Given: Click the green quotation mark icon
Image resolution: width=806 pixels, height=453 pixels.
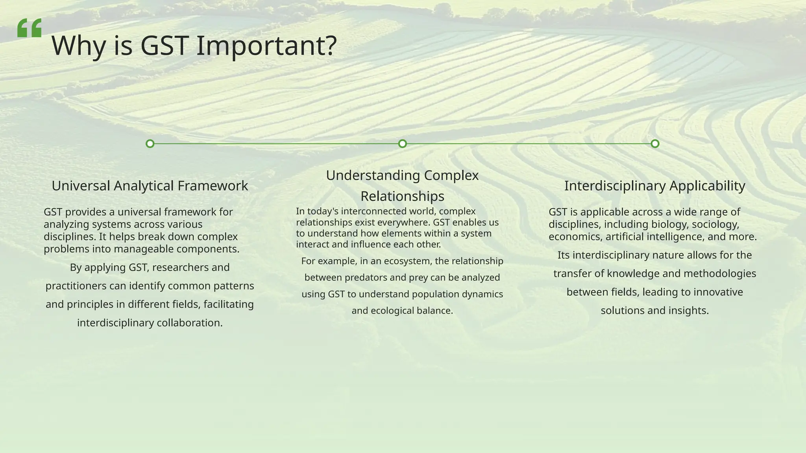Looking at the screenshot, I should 30,28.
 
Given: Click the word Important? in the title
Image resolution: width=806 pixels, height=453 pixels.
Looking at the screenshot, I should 266,46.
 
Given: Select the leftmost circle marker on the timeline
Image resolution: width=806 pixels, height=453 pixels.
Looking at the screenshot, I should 150,144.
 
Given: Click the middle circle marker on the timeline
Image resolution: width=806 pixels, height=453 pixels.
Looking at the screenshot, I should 402,144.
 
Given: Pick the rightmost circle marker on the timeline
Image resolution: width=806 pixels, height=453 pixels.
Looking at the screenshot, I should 655,144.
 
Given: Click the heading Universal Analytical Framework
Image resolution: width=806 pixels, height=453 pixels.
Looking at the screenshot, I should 150,186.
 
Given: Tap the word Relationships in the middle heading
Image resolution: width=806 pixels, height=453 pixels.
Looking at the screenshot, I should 402,196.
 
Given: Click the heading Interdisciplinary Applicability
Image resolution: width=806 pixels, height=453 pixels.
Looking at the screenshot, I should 654,186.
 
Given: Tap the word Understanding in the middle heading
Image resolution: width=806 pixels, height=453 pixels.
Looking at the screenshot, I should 365,175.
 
